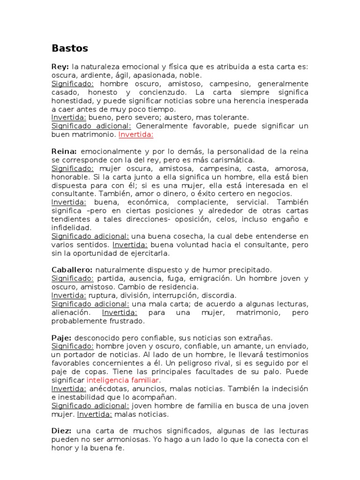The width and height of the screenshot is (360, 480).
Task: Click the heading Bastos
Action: tap(70, 48)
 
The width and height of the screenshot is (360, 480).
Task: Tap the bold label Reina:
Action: tap(64, 151)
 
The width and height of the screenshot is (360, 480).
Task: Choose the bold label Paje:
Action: tap(61, 337)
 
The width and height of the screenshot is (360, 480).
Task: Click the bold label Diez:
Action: tap(61, 430)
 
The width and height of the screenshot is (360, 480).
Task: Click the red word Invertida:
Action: tap(136, 135)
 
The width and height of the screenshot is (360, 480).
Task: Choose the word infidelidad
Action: tap(71, 227)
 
